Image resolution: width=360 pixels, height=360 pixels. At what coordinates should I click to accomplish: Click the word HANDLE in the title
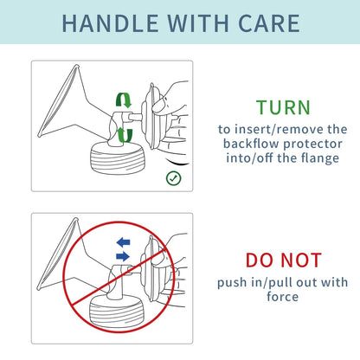pyautogui.click(x=110, y=23)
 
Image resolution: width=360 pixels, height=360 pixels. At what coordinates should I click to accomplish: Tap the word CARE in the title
pyautogui.click(x=269, y=23)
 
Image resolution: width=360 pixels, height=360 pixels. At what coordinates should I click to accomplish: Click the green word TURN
pyautogui.click(x=283, y=107)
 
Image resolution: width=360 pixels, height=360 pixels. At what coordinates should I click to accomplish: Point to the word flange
pyautogui.click(x=320, y=158)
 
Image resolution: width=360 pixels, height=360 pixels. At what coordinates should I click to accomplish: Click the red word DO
pyautogui.click(x=260, y=260)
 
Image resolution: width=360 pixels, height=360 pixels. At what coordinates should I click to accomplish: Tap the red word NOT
pyautogui.click(x=301, y=260)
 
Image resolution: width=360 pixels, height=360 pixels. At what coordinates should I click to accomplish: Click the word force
pyautogui.click(x=283, y=297)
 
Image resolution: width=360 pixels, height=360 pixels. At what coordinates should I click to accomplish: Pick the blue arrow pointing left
pyautogui.click(x=123, y=242)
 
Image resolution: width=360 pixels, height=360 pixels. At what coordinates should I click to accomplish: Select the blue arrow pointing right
pyautogui.click(x=123, y=256)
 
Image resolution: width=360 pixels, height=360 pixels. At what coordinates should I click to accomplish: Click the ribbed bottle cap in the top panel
pyautogui.click(x=118, y=158)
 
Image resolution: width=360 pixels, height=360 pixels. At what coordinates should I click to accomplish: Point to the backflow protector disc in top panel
pyautogui.click(x=151, y=116)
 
